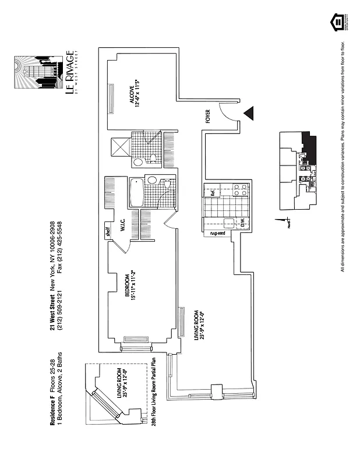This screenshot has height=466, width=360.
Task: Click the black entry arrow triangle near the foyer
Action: click(250, 113)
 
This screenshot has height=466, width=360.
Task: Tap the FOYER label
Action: click(207, 116)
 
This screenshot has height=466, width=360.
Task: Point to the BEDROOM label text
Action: click(129, 285)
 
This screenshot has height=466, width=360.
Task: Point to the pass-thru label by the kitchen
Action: click(221, 234)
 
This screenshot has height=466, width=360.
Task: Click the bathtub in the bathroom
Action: click(136, 192)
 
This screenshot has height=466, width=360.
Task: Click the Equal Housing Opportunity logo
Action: click(338, 23)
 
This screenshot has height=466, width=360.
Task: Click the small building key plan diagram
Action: click(297, 170)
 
